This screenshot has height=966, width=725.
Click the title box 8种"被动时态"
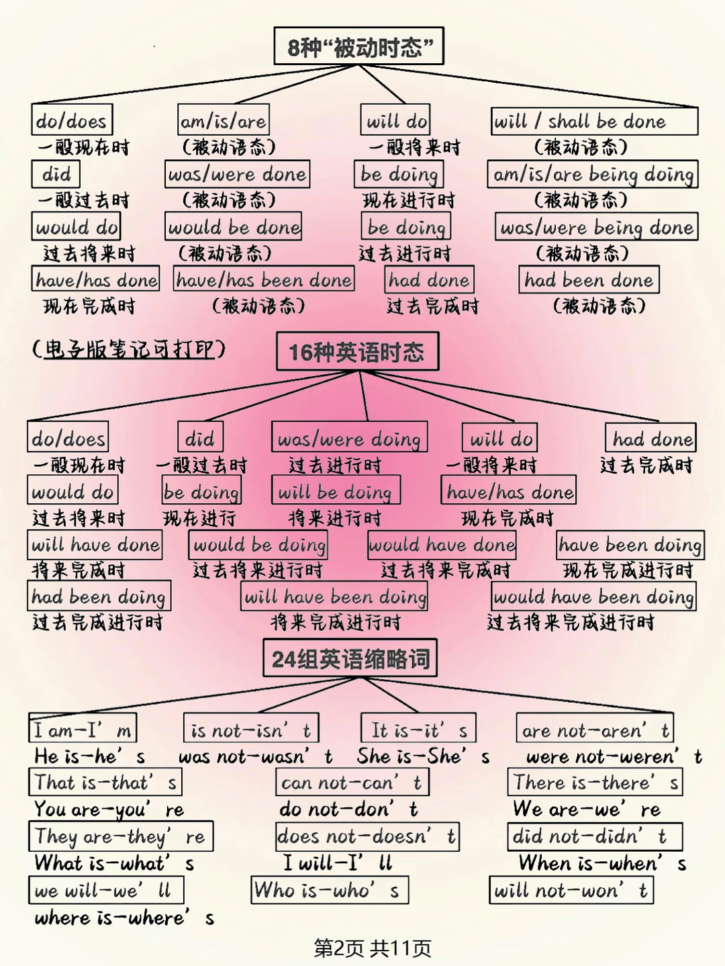tap(359, 46)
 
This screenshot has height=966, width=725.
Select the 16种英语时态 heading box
tap(357, 351)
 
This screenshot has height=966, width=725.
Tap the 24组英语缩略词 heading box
tap(350, 658)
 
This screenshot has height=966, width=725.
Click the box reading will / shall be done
tap(594, 122)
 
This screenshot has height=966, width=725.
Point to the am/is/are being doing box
tap(593, 174)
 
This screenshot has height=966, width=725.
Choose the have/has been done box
tap(264, 279)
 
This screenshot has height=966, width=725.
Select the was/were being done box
tap(596, 227)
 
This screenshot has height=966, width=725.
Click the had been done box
tap(589, 279)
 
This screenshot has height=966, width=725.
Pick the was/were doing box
tap(349, 439)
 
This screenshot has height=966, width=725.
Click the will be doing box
tap(336, 491)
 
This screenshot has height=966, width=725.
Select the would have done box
tap(442, 544)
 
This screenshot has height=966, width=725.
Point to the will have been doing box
tap(334, 597)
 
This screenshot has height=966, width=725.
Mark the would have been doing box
tap(593, 597)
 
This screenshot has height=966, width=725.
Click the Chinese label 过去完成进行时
tap(98, 622)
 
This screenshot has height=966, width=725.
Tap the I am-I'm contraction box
tap(83, 729)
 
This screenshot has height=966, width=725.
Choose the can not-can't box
tap(352, 783)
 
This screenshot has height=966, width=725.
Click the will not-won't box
tap(571, 890)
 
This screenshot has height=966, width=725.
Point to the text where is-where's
tap(124, 918)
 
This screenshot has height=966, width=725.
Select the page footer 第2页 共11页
tap(373, 948)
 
